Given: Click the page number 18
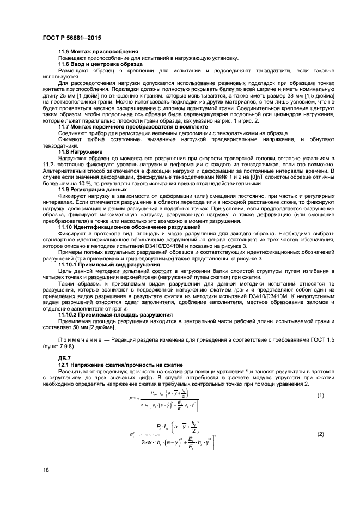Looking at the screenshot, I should click(x=46, y=469).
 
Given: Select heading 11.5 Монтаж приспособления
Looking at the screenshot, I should click(x=90, y=51).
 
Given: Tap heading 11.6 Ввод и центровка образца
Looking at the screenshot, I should click(x=101, y=64).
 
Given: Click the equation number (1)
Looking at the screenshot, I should click(x=321, y=395).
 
